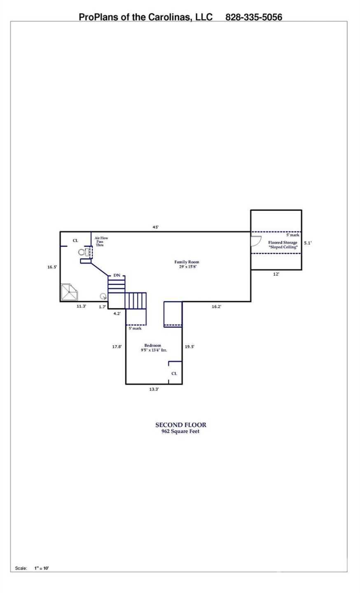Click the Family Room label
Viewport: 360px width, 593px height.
(x=187, y=262)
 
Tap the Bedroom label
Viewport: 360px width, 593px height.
(x=152, y=346)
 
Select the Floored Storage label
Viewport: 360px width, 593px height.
(x=283, y=243)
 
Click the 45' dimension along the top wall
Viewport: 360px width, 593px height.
(x=156, y=227)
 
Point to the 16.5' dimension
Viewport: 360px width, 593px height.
(x=52, y=267)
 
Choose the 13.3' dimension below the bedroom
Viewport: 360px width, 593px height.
(x=154, y=389)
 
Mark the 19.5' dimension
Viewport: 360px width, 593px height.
(x=189, y=347)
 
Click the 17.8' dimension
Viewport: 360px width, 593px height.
(x=117, y=347)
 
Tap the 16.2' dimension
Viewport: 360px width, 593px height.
(x=216, y=306)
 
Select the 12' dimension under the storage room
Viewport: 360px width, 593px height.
(x=276, y=274)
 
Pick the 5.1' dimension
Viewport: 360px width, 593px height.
(x=308, y=243)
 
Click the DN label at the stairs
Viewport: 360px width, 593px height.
(x=117, y=275)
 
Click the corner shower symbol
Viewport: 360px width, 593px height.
(x=70, y=292)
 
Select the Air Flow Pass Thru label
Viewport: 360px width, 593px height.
(x=101, y=241)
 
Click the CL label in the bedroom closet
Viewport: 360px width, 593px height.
(x=174, y=374)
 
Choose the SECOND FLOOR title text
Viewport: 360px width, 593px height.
(x=180, y=425)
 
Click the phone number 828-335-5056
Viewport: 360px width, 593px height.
(x=254, y=17)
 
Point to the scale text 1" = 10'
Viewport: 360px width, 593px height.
(x=41, y=568)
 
